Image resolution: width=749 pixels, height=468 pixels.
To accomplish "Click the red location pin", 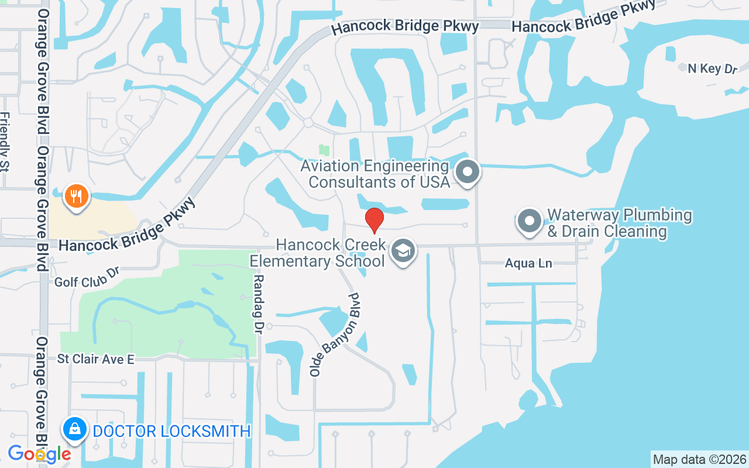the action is [374, 221].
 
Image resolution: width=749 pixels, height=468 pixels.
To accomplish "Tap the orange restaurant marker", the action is [76, 196].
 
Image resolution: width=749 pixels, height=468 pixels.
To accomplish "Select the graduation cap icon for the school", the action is [403, 251].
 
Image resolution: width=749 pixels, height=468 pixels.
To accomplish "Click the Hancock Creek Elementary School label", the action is [331, 253].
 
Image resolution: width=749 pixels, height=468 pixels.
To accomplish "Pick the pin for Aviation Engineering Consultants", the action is [468, 173].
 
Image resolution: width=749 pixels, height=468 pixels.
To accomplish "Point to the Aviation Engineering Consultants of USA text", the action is [375, 174].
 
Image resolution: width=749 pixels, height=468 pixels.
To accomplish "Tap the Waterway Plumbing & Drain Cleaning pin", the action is [530, 222].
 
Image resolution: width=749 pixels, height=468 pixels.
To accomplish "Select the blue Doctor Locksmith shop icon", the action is [75, 431].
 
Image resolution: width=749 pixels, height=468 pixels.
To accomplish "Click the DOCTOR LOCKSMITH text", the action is [172, 432].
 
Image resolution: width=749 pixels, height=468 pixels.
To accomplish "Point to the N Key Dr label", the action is [712, 68].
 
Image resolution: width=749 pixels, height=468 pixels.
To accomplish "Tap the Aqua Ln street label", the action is [528, 264].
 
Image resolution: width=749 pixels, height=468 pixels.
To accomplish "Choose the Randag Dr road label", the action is [259, 304].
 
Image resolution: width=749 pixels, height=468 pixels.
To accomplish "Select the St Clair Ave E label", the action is [95, 359].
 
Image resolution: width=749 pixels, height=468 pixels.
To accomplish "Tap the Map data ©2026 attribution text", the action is [699, 459].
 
